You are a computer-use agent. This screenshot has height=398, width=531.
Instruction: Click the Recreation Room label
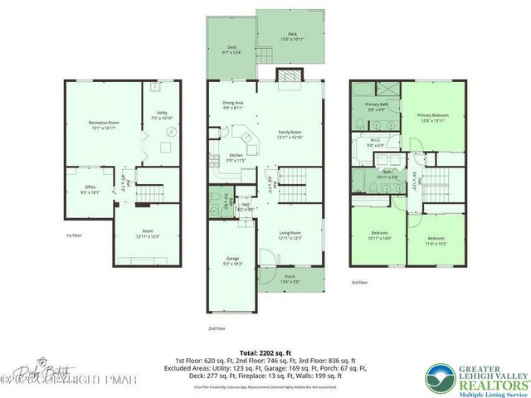[x=105, y=123]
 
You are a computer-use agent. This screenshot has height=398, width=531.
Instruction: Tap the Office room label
[x=90, y=187]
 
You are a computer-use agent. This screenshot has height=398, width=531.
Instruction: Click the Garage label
[x=233, y=259]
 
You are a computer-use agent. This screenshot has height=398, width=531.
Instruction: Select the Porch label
[x=290, y=277]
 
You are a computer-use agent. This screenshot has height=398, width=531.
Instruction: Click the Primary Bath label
[x=377, y=104]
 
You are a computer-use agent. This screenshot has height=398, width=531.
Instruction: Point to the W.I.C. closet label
[x=375, y=141]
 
